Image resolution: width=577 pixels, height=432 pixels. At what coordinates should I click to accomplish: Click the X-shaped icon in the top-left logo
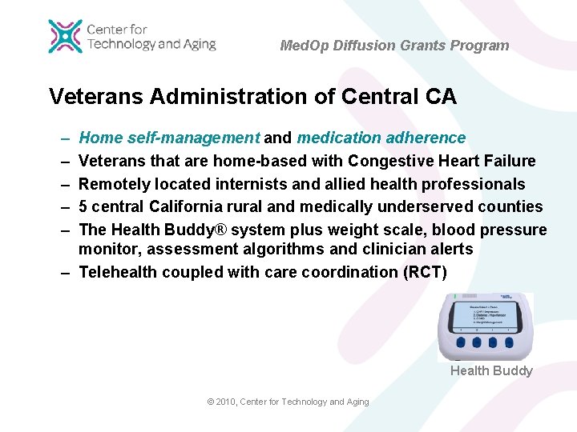click(x=65, y=36)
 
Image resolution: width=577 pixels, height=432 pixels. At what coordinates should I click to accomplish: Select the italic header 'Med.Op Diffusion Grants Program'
click(x=394, y=46)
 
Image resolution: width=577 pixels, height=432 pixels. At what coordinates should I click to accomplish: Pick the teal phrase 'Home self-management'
click(x=169, y=138)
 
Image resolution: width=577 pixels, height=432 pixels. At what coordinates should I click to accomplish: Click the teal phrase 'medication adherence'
click(x=381, y=138)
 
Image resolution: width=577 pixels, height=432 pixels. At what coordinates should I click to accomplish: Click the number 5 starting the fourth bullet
click(x=83, y=206)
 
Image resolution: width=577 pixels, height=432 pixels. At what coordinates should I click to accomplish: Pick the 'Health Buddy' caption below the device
click(x=491, y=370)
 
